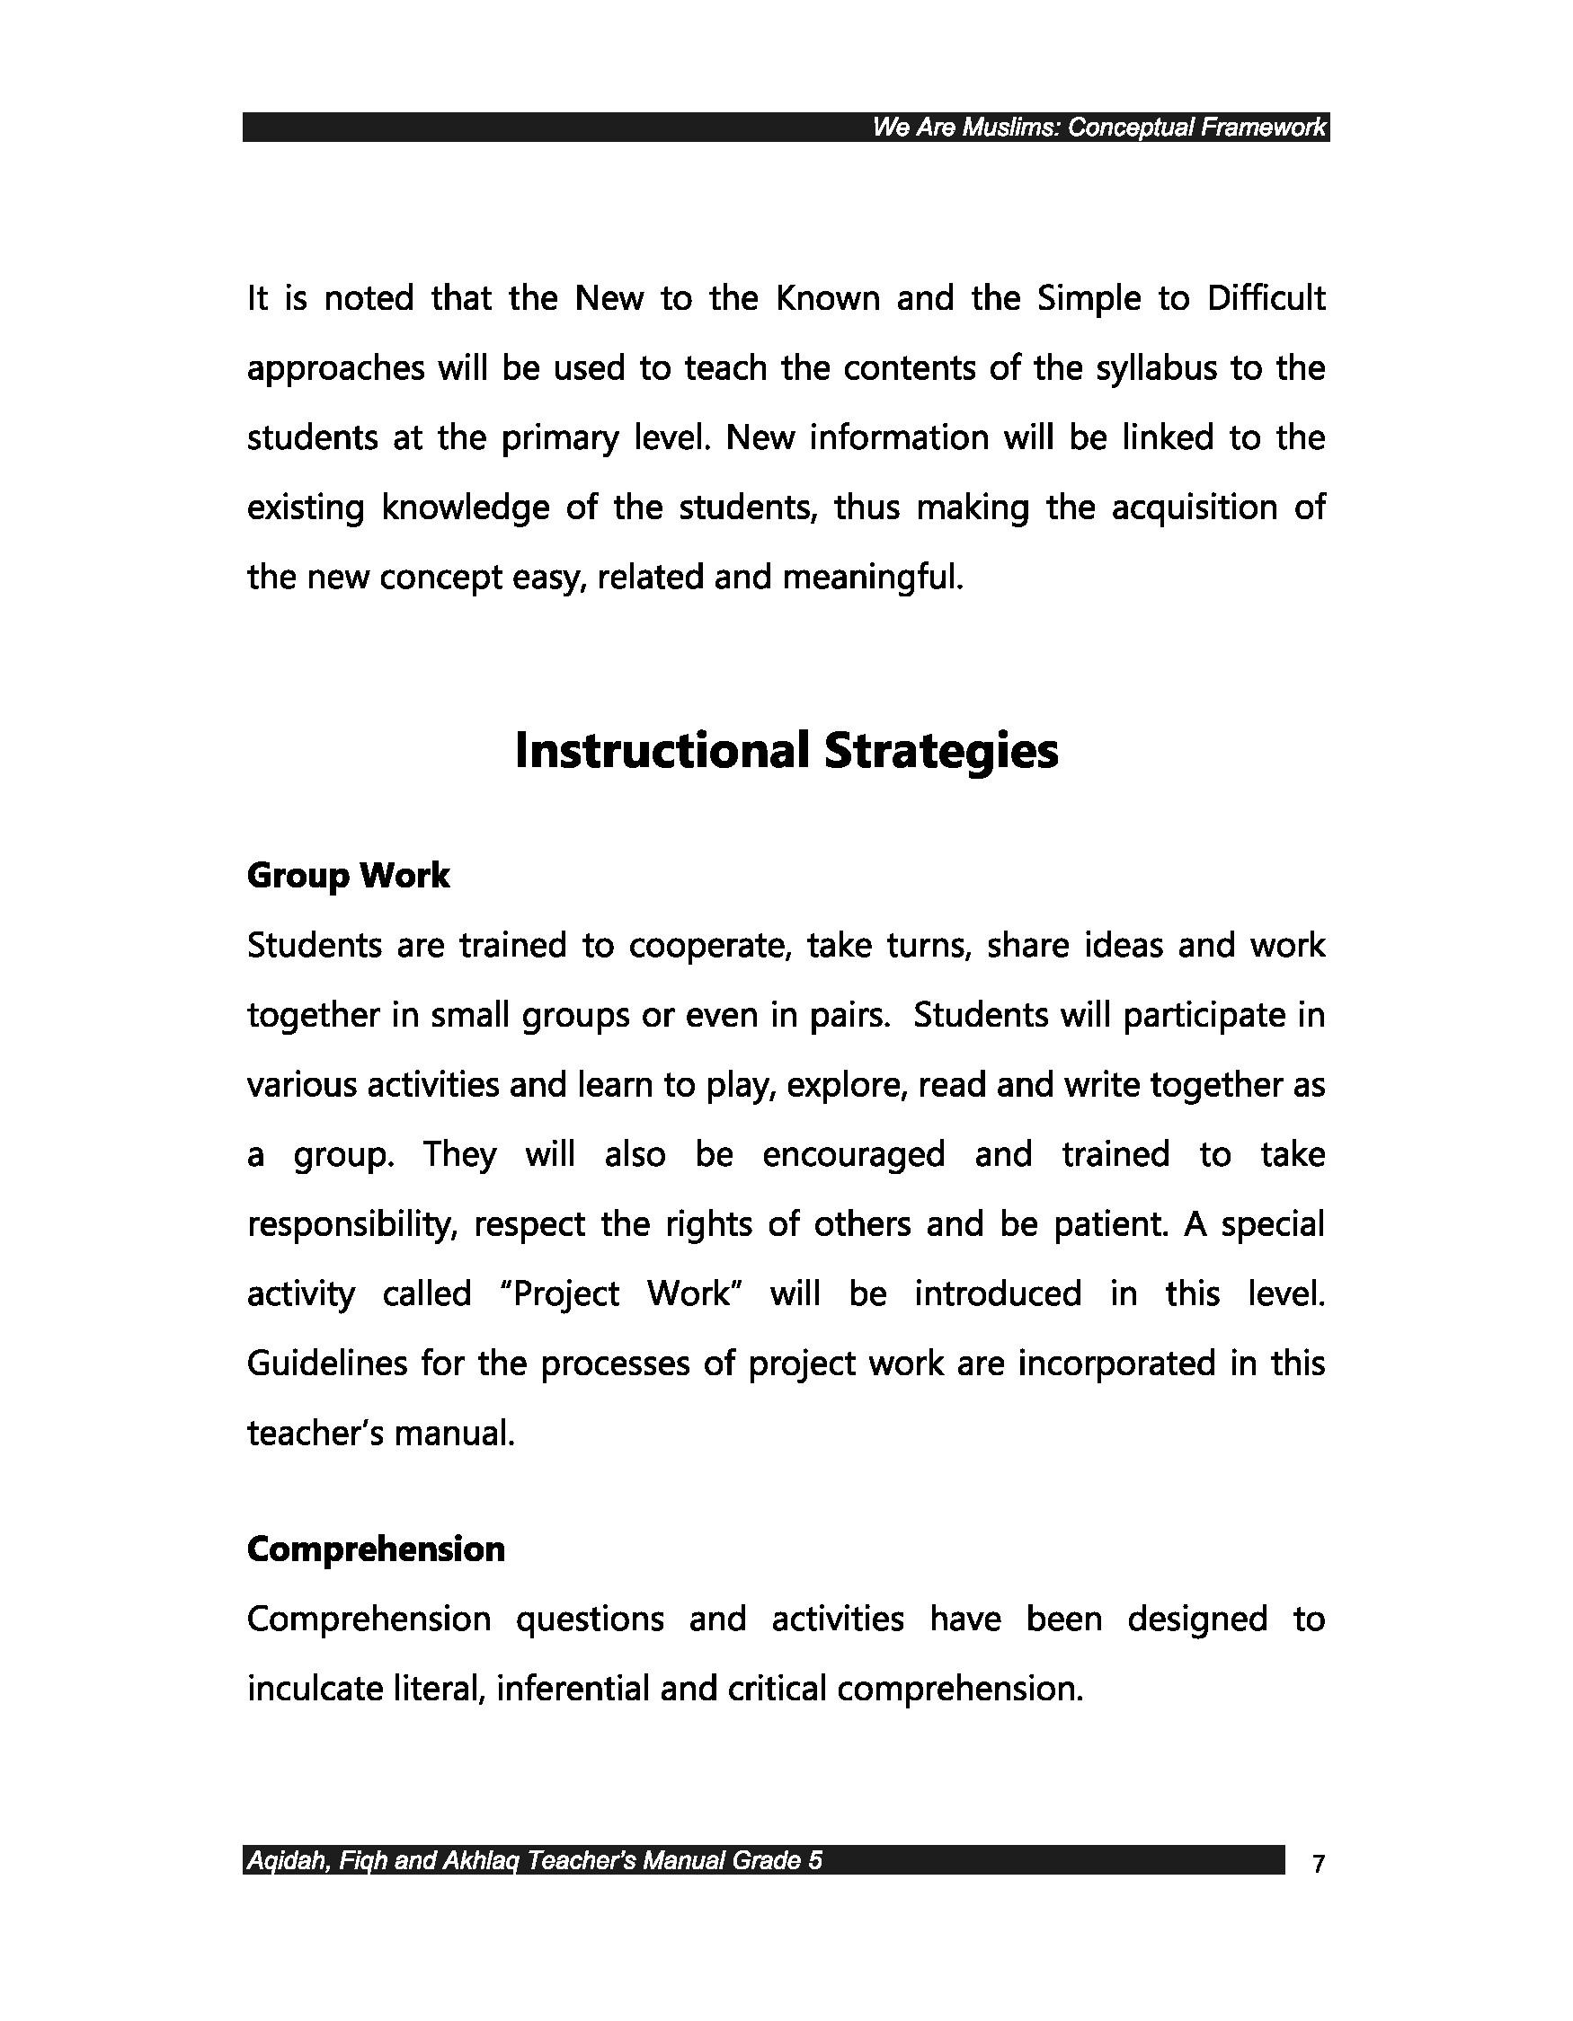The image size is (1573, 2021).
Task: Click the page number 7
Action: (1319, 1863)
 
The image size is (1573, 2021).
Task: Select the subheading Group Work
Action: (348, 876)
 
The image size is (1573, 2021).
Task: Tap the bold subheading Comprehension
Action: (376, 1549)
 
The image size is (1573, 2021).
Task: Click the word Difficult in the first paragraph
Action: (1266, 298)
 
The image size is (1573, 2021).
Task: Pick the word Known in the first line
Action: (827, 298)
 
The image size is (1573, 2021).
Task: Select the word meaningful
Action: (873, 578)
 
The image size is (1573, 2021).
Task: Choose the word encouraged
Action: (853, 1155)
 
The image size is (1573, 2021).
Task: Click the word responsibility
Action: (352, 1224)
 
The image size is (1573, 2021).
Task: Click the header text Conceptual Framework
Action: (1196, 128)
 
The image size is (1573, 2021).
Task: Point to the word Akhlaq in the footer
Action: (481, 1860)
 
